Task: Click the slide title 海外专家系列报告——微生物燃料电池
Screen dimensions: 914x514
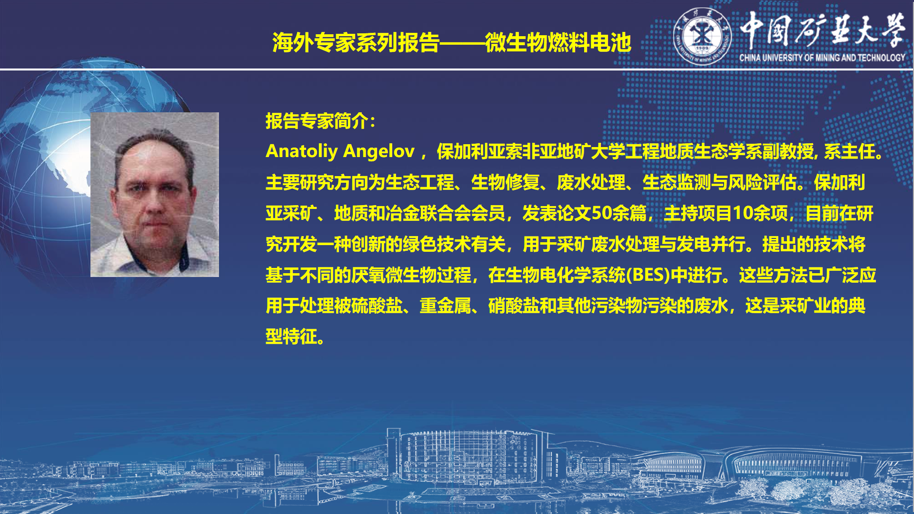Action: (x=451, y=42)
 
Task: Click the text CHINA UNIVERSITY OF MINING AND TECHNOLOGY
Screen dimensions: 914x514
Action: (x=822, y=58)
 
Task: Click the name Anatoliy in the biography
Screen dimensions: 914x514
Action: (x=301, y=151)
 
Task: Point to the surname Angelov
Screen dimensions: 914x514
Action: (x=379, y=152)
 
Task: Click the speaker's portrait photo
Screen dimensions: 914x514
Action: (x=155, y=195)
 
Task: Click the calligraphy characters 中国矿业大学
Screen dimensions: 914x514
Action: (x=823, y=30)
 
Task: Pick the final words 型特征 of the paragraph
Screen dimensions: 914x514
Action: (x=291, y=337)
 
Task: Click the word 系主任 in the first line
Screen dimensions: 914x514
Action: (x=850, y=151)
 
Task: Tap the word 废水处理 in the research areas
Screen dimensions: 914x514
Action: (x=591, y=182)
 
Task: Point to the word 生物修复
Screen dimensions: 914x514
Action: (x=505, y=182)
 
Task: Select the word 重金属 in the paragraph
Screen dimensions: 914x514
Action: (x=445, y=306)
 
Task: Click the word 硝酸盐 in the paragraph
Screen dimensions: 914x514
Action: (x=514, y=306)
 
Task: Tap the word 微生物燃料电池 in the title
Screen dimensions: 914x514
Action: (x=558, y=42)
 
